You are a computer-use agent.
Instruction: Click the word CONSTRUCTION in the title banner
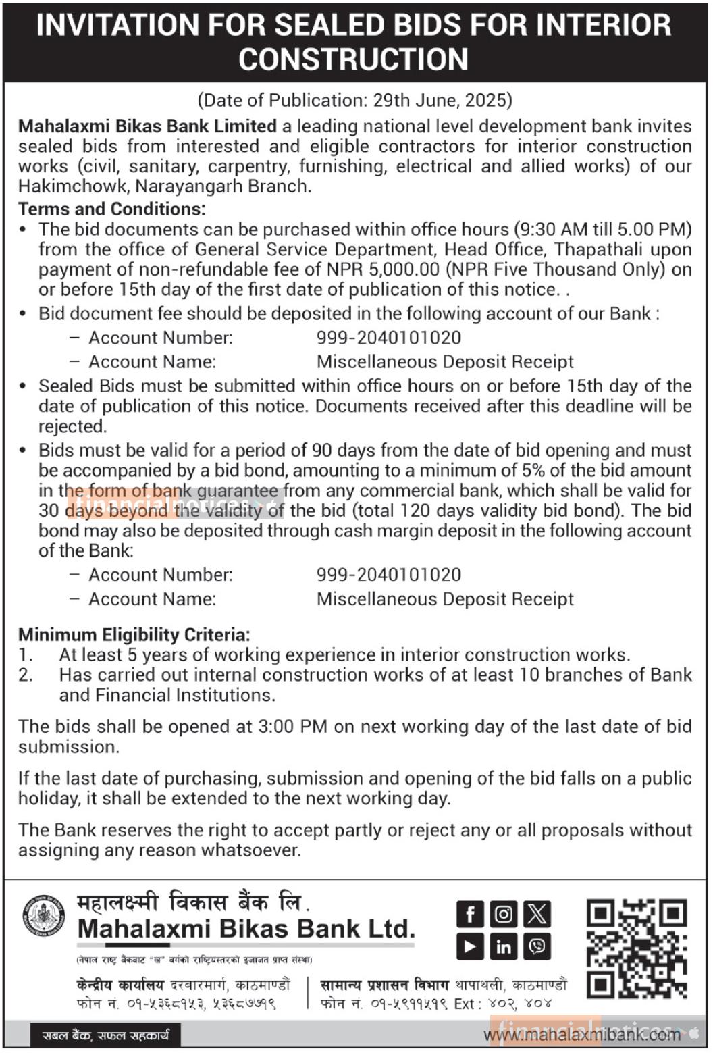(353, 59)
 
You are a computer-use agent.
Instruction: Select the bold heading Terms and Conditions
(112, 209)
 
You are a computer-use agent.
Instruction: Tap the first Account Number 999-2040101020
(389, 338)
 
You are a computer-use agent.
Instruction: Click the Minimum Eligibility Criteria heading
(134, 634)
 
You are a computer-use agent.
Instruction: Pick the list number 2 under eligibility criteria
(25, 675)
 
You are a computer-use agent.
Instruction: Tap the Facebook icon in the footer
(470, 915)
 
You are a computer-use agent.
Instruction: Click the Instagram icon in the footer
(503, 915)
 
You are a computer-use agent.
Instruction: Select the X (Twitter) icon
(537, 915)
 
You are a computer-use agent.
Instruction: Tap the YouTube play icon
(470, 947)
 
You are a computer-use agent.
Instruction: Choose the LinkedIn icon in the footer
(503, 947)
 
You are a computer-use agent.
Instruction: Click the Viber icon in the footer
(537, 947)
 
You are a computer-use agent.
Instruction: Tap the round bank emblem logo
(44, 917)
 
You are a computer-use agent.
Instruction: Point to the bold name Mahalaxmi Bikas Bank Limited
(147, 126)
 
